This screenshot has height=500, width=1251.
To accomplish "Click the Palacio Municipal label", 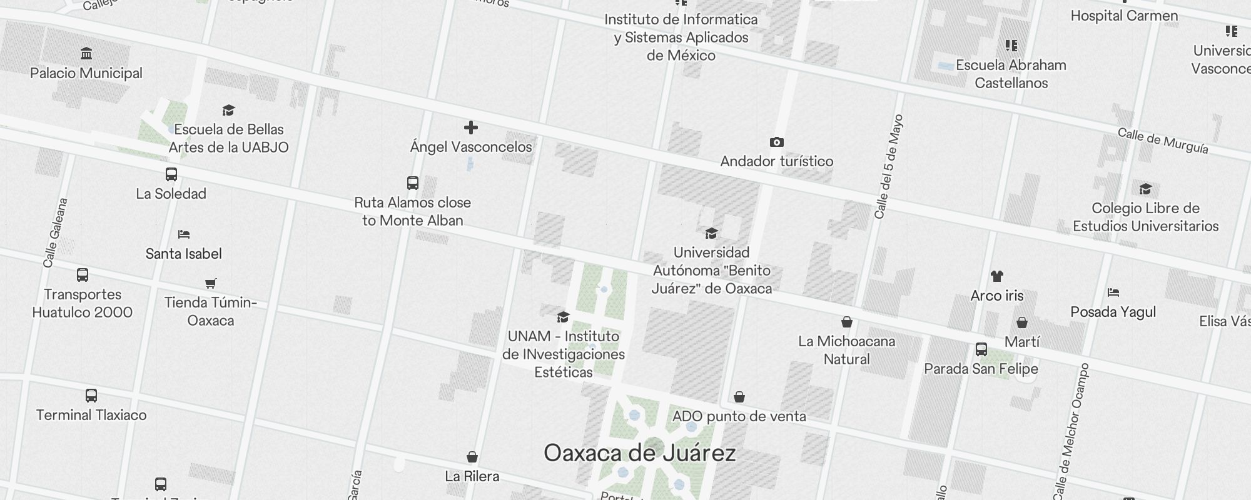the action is pyautogui.click(x=86, y=73).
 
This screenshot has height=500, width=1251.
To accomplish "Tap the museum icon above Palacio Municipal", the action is pyautogui.click(x=86, y=53).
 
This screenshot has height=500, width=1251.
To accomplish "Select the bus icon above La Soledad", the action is pyautogui.click(x=171, y=174).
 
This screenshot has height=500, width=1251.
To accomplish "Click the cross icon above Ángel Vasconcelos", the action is pyautogui.click(x=471, y=128).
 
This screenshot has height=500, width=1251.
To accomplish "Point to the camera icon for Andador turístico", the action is pyautogui.click(x=776, y=142).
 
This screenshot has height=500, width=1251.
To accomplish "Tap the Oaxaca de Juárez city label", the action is pyautogui.click(x=639, y=453).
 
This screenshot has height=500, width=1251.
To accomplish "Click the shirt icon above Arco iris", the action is pyautogui.click(x=997, y=276).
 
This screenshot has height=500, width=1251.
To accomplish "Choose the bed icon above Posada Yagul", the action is pyautogui.click(x=1113, y=292).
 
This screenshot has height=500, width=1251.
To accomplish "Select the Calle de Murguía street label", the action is pyautogui.click(x=1163, y=141).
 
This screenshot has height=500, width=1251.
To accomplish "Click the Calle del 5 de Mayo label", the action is pyautogui.click(x=889, y=167).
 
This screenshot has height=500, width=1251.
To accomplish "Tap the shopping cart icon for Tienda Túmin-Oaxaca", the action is pyautogui.click(x=211, y=284).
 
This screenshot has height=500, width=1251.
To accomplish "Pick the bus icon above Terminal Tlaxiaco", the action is pyautogui.click(x=91, y=396).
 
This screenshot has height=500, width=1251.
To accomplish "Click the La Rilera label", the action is pyautogui.click(x=472, y=476).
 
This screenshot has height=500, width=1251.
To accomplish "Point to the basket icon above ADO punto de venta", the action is pyautogui.click(x=739, y=397).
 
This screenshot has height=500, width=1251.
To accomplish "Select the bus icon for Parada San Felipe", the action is pyautogui.click(x=981, y=349).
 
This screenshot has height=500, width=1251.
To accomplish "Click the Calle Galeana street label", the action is pyautogui.click(x=55, y=233).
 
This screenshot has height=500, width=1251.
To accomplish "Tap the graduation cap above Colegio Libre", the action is pyautogui.click(x=1145, y=189).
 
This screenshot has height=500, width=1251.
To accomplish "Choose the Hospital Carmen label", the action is pyautogui.click(x=1124, y=16).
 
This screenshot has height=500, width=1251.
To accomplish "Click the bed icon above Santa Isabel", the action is pyautogui.click(x=183, y=234).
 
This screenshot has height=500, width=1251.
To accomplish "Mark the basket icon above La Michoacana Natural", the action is pyautogui.click(x=847, y=322).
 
